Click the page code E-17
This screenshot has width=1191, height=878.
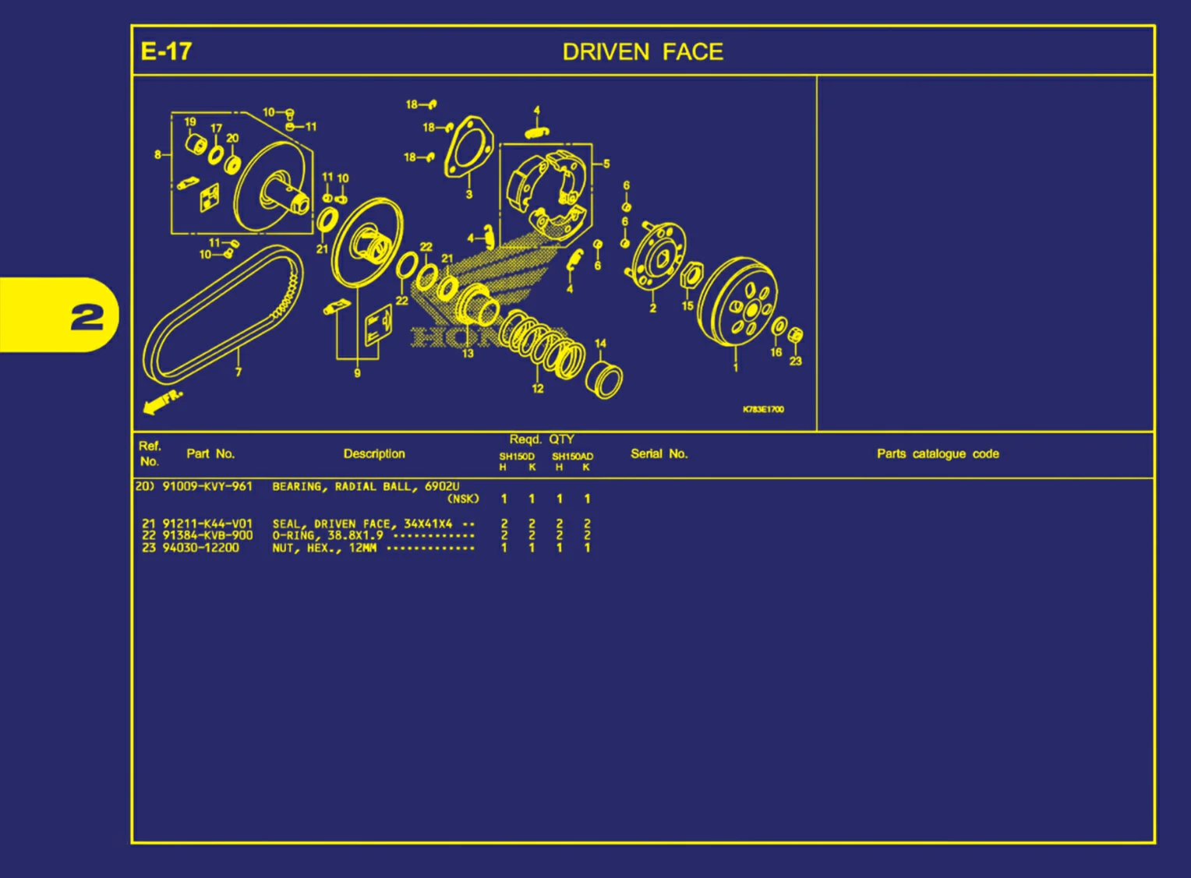click(x=166, y=51)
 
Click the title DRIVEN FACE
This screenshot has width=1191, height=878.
click(x=642, y=52)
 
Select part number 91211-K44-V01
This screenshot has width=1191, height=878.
click(x=207, y=524)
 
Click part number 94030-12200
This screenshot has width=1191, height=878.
click(x=200, y=548)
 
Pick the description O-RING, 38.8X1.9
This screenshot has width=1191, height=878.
click(x=327, y=535)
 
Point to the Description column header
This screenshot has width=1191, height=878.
click(x=374, y=453)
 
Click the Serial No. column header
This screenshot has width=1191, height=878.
click(x=659, y=453)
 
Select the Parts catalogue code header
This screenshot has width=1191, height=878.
click(x=938, y=453)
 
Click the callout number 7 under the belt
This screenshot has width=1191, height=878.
click(x=239, y=372)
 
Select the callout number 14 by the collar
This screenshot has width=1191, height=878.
click(x=600, y=344)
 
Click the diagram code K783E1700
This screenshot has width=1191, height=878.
click(x=763, y=409)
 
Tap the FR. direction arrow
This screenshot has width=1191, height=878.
click(x=162, y=402)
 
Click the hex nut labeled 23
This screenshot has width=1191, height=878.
click(x=795, y=336)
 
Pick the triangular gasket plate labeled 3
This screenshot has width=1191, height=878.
click(x=468, y=149)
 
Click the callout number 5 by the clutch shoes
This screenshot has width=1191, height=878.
click(x=606, y=164)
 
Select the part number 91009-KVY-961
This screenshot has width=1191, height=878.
click(x=207, y=486)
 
